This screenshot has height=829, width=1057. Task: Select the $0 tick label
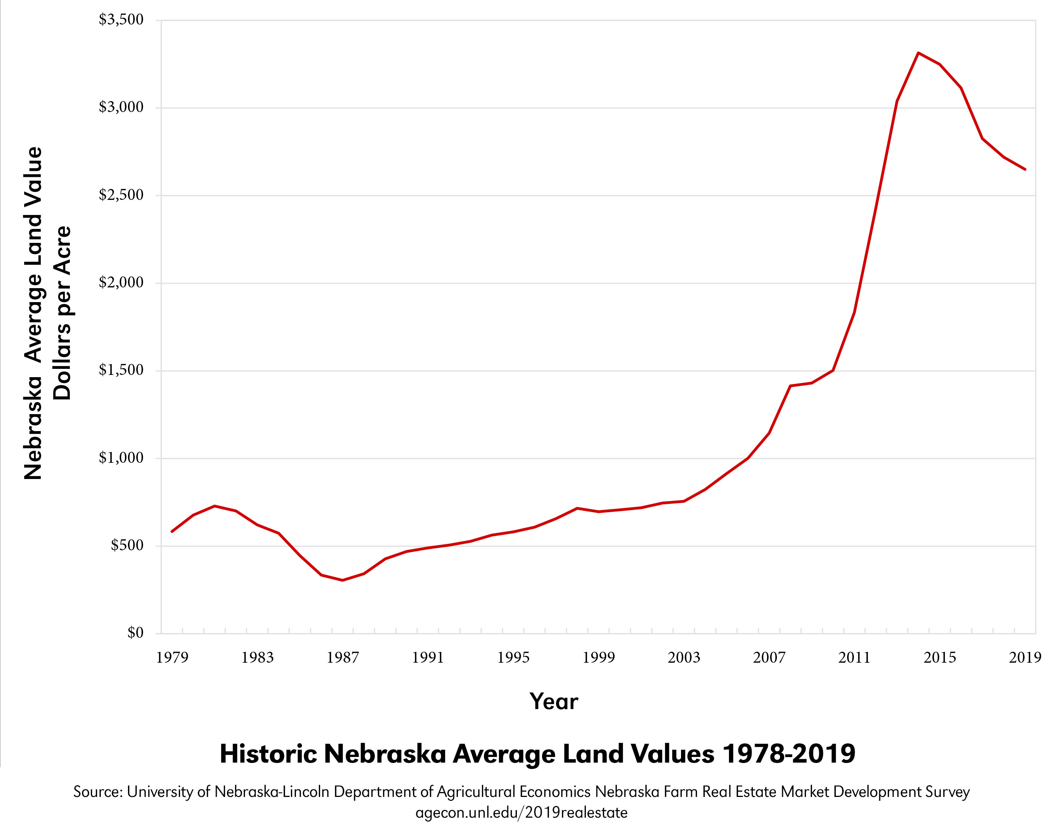pyautogui.click(x=135, y=633)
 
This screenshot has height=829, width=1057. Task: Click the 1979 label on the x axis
pyautogui.click(x=172, y=658)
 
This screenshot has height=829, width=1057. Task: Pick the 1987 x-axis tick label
pyautogui.click(x=342, y=658)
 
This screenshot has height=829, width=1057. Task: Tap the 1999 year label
pyautogui.click(x=598, y=658)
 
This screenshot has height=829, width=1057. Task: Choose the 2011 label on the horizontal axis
pyautogui.click(x=854, y=658)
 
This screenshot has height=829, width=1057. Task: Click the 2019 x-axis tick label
pyautogui.click(x=1025, y=658)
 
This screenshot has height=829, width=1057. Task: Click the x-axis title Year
pyautogui.click(x=554, y=702)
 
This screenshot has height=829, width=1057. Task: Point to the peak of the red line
pyautogui.click(x=918, y=52)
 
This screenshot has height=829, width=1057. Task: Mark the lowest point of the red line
pyautogui.click(x=343, y=580)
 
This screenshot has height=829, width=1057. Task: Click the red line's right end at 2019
pyautogui.click(x=1025, y=169)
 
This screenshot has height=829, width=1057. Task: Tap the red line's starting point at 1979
pyautogui.click(x=172, y=531)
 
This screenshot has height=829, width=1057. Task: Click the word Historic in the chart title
pyautogui.click(x=268, y=754)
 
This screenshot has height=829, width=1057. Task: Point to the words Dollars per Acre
pyautogui.click(x=63, y=313)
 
